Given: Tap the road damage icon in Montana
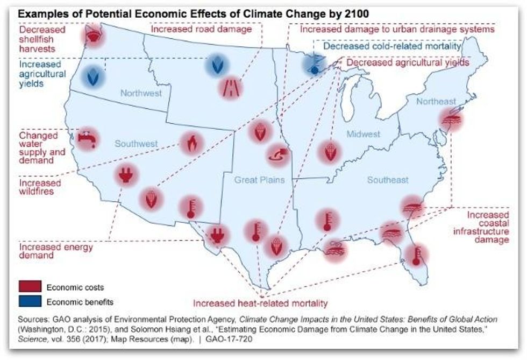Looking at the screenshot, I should point(231,87).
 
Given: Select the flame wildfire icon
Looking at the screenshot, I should point(191,143).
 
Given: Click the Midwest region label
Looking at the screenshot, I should point(363,134).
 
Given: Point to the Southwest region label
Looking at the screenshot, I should point(136,144).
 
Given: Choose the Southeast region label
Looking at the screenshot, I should point(388,180).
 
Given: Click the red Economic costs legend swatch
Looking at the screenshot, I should point(29,287).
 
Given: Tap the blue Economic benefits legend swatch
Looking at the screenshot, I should point(29,302).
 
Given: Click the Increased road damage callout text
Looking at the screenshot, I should point(201,30).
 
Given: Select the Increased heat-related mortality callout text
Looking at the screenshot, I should point(260,303).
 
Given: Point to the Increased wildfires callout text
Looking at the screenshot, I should point(40,187).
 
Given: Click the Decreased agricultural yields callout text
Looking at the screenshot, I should point(408,63).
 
